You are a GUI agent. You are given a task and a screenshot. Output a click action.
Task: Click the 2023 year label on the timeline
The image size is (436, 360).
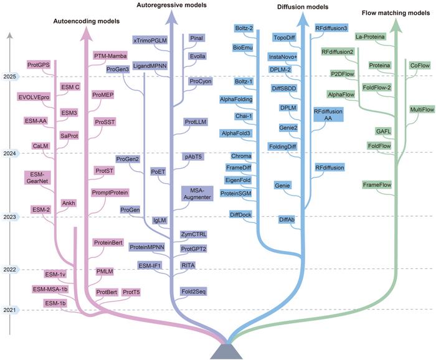coord(10,217)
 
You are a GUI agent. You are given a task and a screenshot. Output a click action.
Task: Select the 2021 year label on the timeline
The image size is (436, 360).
coord(10,310)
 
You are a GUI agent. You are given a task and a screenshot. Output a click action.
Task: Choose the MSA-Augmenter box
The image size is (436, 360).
coord(197,193)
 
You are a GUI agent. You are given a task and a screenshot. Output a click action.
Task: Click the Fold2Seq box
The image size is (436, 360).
coord(194,291)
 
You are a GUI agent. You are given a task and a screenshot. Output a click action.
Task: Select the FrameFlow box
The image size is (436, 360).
coord(376,185)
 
